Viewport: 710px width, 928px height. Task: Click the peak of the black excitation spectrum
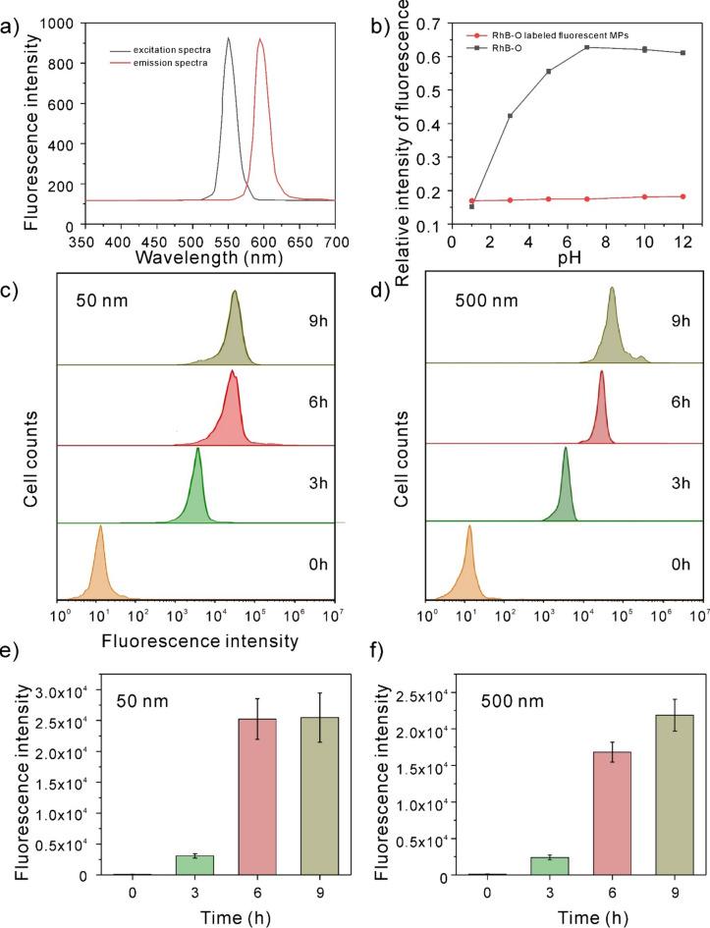(x=229, y=39)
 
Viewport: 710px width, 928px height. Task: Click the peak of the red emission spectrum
(x=260, y=40)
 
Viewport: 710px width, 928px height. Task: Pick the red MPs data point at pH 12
(x=683, y=196)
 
